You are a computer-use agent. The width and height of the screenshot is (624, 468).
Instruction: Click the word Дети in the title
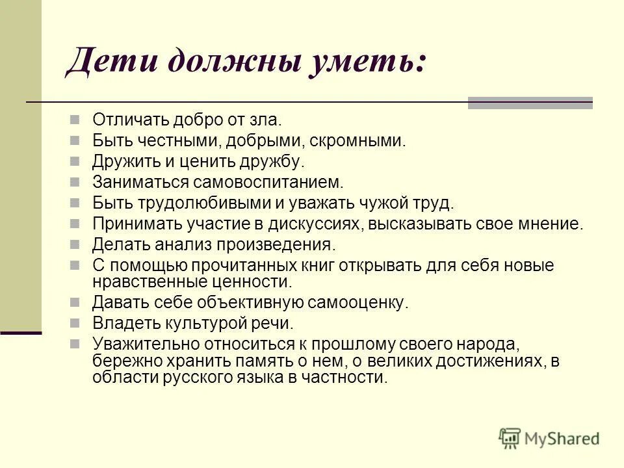(x=107, y=65)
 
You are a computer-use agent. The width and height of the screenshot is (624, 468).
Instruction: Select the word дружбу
(x=278, y=161)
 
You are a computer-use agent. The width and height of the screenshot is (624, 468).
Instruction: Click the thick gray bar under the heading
(x=530, y=103)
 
